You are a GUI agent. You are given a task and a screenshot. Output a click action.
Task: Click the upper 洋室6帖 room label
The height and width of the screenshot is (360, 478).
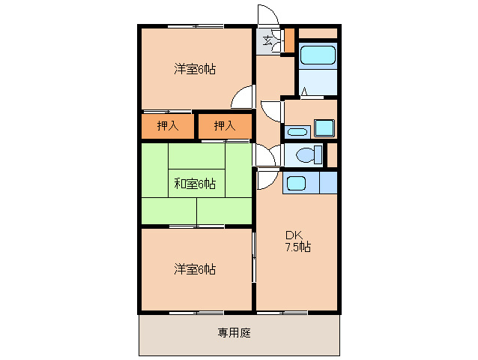click(196, 69)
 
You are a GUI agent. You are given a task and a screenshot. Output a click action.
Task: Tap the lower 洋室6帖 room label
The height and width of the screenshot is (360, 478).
click(196, 268)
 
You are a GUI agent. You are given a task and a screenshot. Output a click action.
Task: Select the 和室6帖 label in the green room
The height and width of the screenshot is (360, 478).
click(196, 183)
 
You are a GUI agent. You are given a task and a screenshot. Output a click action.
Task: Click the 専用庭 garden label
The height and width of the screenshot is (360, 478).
click(235, 332)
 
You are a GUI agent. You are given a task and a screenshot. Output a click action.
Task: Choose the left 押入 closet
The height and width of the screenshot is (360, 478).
click(168, 126)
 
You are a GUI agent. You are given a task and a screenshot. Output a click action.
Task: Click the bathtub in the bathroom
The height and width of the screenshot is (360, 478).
click(318, 57)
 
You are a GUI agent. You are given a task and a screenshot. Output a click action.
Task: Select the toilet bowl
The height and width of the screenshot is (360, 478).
click(306, 155)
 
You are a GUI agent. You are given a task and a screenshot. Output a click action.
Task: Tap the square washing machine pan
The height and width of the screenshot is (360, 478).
click(324, 127)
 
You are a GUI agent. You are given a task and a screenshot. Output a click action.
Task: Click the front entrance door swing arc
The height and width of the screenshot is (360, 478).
click(267, 16)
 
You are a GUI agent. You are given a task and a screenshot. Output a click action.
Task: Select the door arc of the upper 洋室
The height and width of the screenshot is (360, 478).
click(242, 98)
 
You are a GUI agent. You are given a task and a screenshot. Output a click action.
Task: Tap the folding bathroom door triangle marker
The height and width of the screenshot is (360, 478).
click(305, 93)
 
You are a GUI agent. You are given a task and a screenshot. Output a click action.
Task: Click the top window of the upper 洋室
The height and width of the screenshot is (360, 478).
click(195, 26)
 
